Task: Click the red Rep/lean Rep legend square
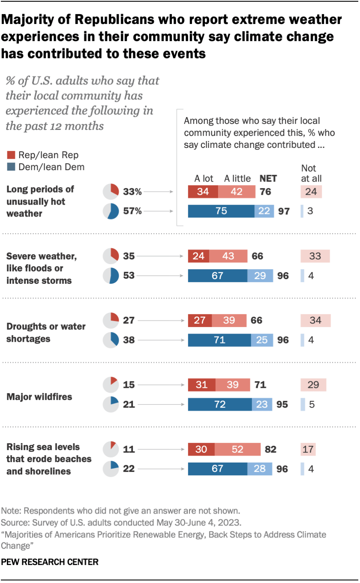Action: click(x=12, y=155)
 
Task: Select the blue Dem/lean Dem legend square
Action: click(x=12, y=167)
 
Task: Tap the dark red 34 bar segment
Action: click(x=203, y=191)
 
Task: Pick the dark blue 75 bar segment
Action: click(x=221, y=211)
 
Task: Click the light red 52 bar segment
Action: click(x=237, y=449)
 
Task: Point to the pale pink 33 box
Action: click(x=315, y=256)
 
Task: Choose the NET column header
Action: click(x=268, y=178)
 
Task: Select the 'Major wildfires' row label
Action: click(x=39, y=397)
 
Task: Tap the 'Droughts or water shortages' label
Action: click(x=46, y=332)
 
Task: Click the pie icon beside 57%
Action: click(x=111, y=211)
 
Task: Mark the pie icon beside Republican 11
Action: click(x=111, y=449)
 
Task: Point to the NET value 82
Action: click(x=270, y=449)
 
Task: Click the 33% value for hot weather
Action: click(x=132, y=192)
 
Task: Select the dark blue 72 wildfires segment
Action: click(x=220, y=404)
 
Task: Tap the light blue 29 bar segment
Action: click(x=260, y=276)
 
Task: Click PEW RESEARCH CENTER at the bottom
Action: click(x=50, y=562)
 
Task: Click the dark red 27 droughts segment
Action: click(x=200, y=320)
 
